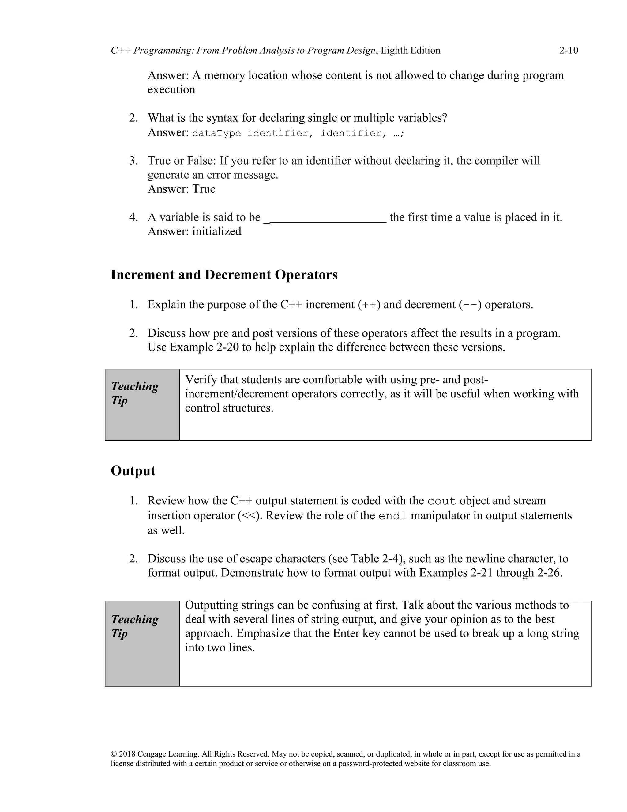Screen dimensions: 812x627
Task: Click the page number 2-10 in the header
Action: (x=568, y=50)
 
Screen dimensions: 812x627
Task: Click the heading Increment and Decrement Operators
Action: (x=224, y=275)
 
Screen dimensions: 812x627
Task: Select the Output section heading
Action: (x=133, y=471)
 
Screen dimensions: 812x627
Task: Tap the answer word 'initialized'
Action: (x=216, y=231)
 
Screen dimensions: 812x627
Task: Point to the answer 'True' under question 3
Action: (x=204, y=189)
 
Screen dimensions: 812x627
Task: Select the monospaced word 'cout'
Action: (x=441, y=501)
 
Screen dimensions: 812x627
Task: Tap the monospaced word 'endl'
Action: (x=392, y=516)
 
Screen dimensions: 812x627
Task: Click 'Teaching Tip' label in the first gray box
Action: (x=135, y=393)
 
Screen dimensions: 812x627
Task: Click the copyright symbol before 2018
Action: (x=114, y=754)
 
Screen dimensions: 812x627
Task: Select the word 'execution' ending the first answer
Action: (x=171, y=89)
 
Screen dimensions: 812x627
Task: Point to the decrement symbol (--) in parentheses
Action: (x=470, y=305)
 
